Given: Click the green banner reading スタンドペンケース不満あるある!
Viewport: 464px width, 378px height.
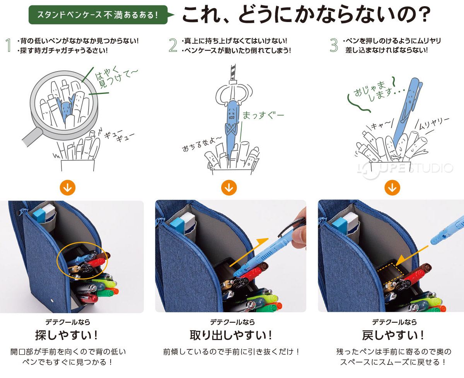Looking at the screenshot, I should pyautogui.click(x=98, y=15).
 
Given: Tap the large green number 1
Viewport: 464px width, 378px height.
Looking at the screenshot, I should pyautogui.click(x=8, y=45).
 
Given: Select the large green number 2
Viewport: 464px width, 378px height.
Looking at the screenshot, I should pyautogui.click(x=173, y=45).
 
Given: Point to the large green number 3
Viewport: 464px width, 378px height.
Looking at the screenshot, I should pyautogui.click(x=334, y=45).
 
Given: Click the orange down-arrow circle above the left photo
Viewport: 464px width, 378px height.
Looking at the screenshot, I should pyautogui.click(x=68, y=188).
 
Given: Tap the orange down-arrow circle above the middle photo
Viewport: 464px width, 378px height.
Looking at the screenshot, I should pyautogui.click(x=229, y=188).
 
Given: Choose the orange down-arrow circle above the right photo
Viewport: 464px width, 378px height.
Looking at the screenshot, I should pyautogui.click(x=392, y=188).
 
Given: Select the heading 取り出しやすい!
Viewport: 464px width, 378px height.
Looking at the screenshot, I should pyautogui.click(x=231, y=335).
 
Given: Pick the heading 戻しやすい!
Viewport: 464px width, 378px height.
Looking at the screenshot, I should pyautogui.click(x=394, y=335).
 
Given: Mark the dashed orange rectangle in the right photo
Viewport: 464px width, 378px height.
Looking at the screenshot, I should pyautogui.click(x=394, y=273).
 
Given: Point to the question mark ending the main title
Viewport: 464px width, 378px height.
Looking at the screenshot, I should pyautogui.click(x=424, y=15).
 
